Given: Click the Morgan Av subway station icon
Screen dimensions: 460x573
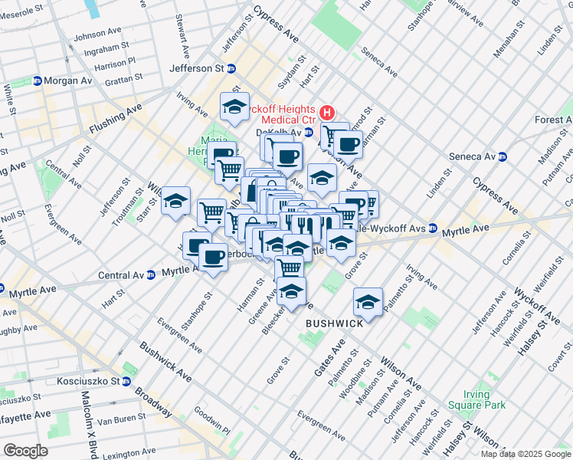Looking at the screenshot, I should click(x=37, y=80).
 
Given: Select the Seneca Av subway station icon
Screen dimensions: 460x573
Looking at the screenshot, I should click(x=503, y=156).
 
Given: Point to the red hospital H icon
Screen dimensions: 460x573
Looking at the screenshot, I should click(x=327, y=112).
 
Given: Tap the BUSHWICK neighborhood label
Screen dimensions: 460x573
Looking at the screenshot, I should click(x=334, y=324).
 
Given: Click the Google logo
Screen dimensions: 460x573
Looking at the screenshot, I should click(x=26, y=450).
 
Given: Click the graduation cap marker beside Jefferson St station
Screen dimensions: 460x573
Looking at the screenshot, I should click(x=235, y=107).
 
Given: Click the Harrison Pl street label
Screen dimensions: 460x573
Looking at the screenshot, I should click(x=110, y=61).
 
